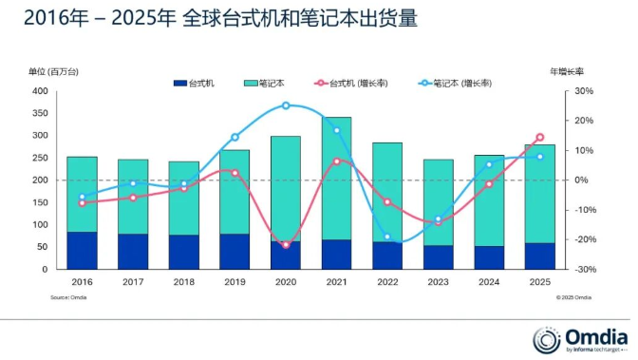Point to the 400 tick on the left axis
pos(40,91)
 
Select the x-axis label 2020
pos(285,281)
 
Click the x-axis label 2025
pos(539,281)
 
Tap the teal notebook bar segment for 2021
pos(336,180)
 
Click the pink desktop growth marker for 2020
pos(286,245)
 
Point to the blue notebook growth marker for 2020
pos(286,105)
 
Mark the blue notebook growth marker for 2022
pos(387,237)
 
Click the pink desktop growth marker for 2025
pos(539,138)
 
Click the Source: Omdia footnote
pos(65,297)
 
